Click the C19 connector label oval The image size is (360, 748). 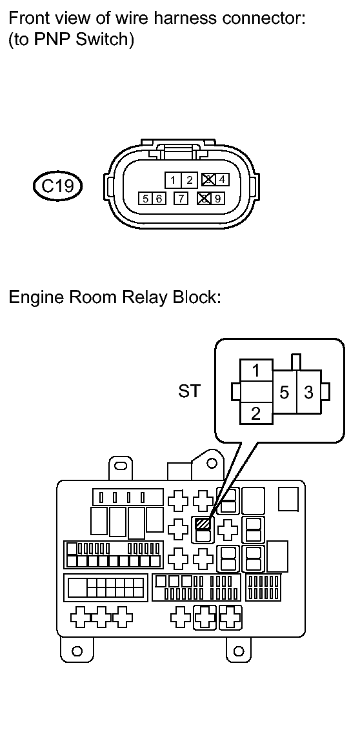pyautogui.click(x=58, y=185)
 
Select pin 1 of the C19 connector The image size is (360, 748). pyautogui.click(x=173, y=180)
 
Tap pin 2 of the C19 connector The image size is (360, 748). pyautogui.click(x=189, y=180)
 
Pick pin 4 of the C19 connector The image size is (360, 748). pyautogui.click(x=222, y=180)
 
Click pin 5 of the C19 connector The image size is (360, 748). pyautogui.click(x=145, y=199)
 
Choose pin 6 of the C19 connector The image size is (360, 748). pyautogui.click(x=158, y=199)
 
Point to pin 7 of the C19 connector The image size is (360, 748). pyautogui.click(x=181, y=199)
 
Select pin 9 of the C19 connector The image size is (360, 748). pyautogui.click(x=217, y=199)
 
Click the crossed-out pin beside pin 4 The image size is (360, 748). pyautogui.click(x=208, y=180)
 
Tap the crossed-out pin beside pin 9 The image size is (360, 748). pyautogui.click(x=205, y=199)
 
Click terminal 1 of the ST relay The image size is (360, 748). pyautogui.click(x=256, y=370)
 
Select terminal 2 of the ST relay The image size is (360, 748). pyautogui.click(x=256, y=413)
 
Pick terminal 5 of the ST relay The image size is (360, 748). pyautogui.click(x=285, y=392)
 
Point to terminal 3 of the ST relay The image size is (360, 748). pyautogui.click(x=309, y=392)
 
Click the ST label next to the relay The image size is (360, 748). pyautogui.click(x=190, y=392)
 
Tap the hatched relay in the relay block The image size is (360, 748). pyautogui.click(x=203, y=524)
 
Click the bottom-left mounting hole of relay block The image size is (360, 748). pyautogui.click(x=77, y=650)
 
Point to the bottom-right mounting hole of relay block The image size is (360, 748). pyautogui.click(x=239, y=650)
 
